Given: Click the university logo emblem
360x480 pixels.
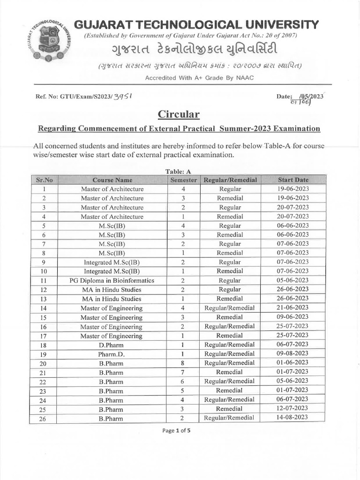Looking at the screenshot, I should (51, 41).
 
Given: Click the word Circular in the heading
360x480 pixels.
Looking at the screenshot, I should (179, 114).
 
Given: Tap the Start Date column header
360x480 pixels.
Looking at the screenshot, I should (293, 180).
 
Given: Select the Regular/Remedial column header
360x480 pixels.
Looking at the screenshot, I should (230, 180).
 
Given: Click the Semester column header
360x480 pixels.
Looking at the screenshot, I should (183, 180).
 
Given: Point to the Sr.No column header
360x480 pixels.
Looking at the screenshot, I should (44, 180).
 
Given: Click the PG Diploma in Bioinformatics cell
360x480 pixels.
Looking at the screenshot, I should (112, 280).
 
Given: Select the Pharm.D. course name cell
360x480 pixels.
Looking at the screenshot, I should (112, 354).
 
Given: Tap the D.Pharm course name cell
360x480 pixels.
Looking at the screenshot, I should (112, 345).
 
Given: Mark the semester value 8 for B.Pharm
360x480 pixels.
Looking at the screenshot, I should (183, 363).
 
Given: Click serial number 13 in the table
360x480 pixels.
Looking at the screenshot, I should (44, 299).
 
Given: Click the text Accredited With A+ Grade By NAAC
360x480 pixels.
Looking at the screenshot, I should (199, 77).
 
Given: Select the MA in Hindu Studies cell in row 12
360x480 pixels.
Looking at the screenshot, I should (112, 290).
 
